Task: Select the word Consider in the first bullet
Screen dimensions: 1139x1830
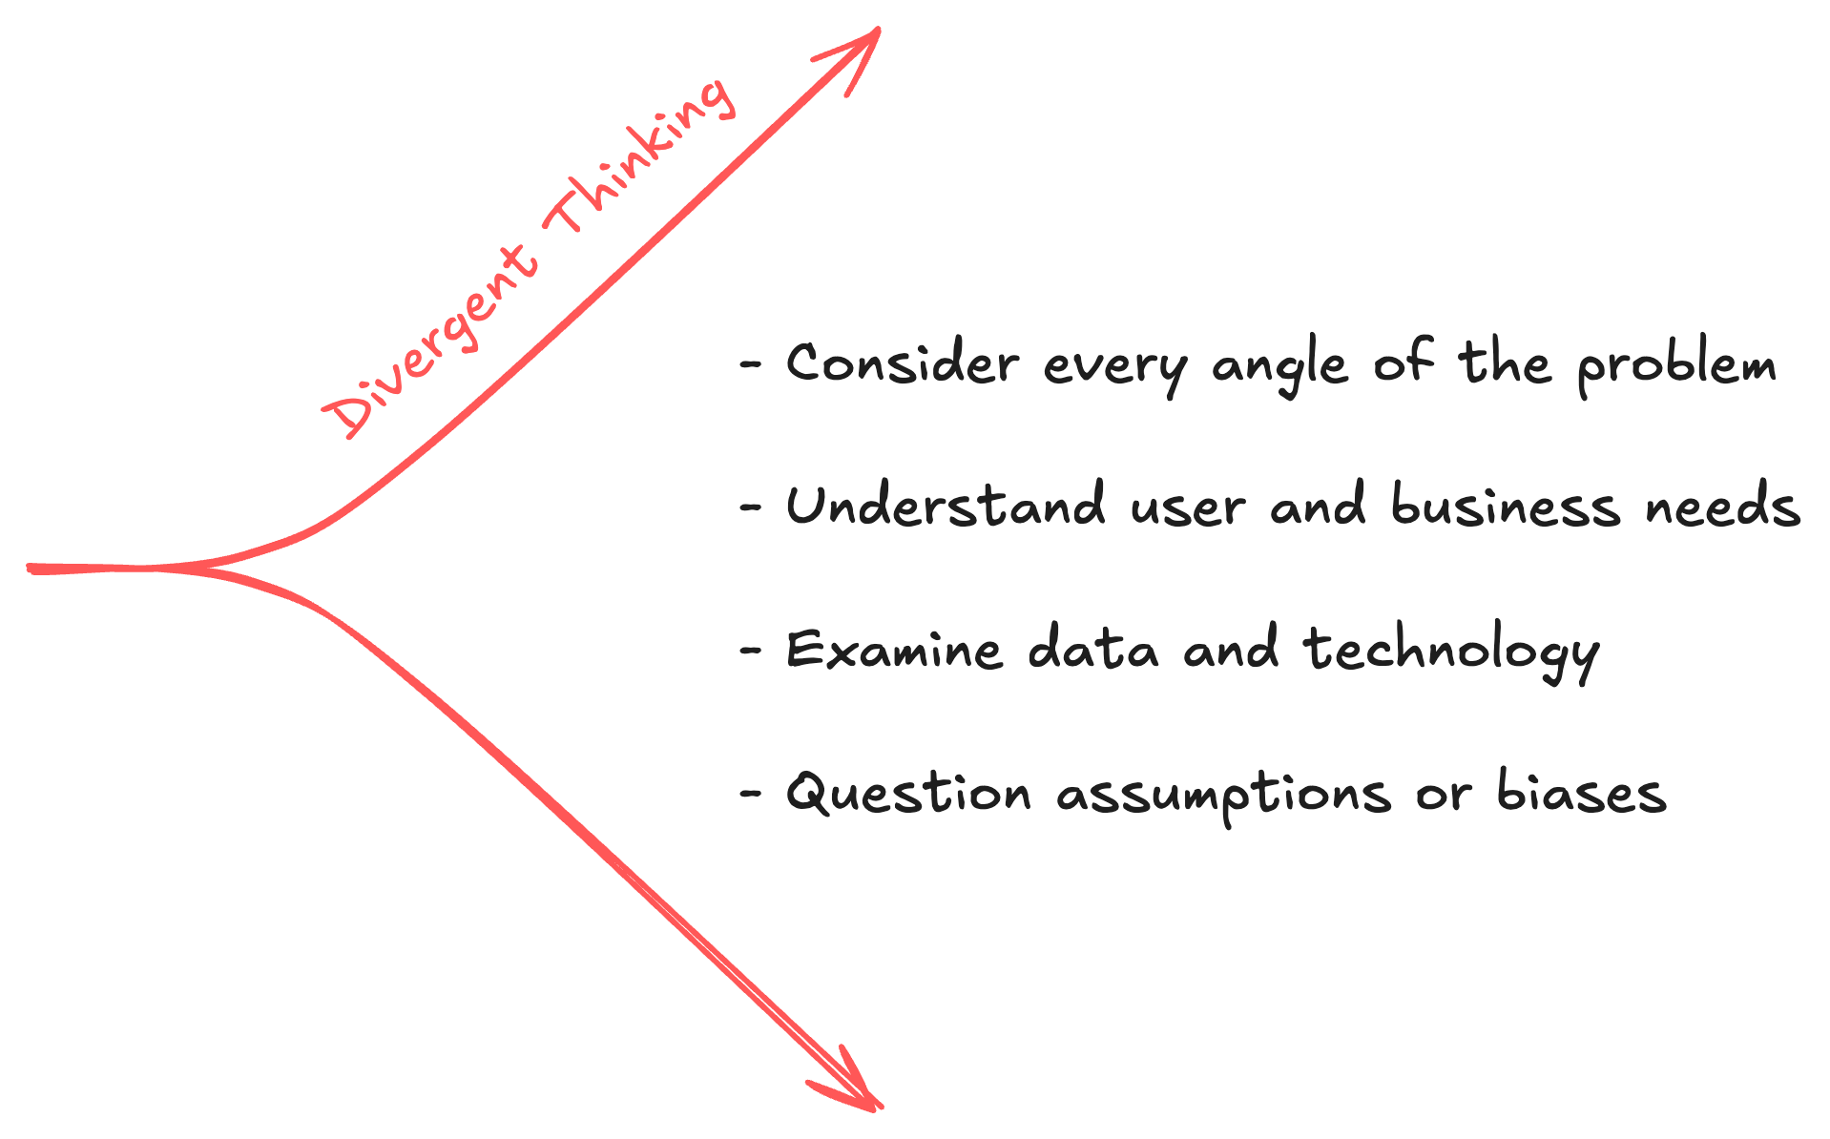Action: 902,364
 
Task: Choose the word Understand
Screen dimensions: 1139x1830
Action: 946,506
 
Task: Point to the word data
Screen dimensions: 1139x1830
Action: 1093,651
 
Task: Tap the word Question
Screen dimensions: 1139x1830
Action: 907,794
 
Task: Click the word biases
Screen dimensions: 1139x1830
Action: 1580,794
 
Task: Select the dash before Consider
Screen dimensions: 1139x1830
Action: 752,364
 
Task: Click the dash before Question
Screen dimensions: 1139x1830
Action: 752,794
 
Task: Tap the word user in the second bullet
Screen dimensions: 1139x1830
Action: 1188,507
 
